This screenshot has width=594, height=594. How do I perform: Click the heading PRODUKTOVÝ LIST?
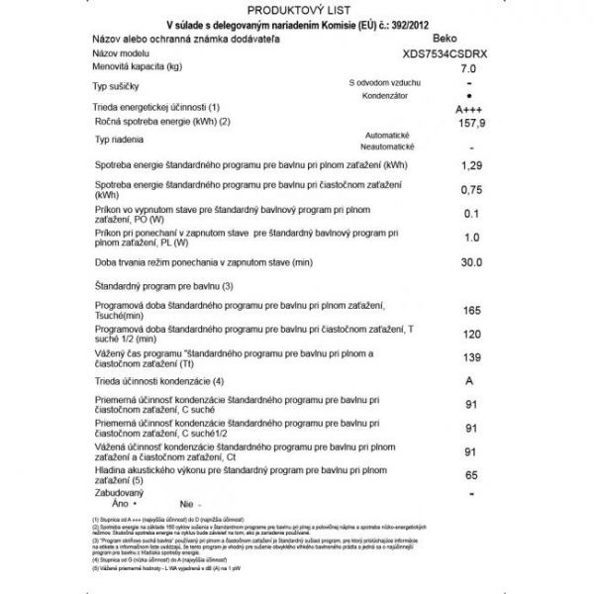(296, 7)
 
